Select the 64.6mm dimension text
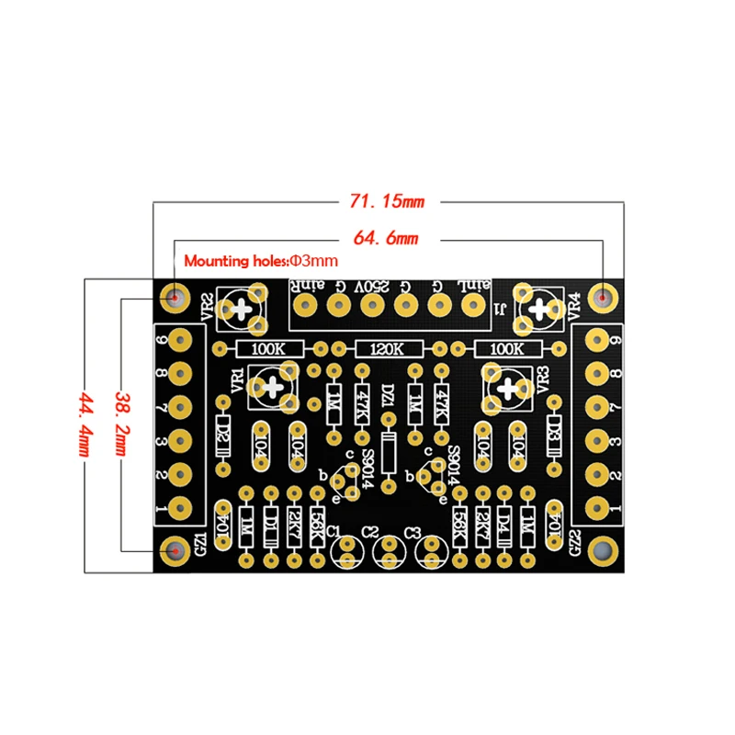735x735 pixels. [386, 239]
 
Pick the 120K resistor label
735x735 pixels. [388, 349]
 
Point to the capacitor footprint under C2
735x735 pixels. [389, 552]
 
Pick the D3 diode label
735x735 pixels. [555, 429]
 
